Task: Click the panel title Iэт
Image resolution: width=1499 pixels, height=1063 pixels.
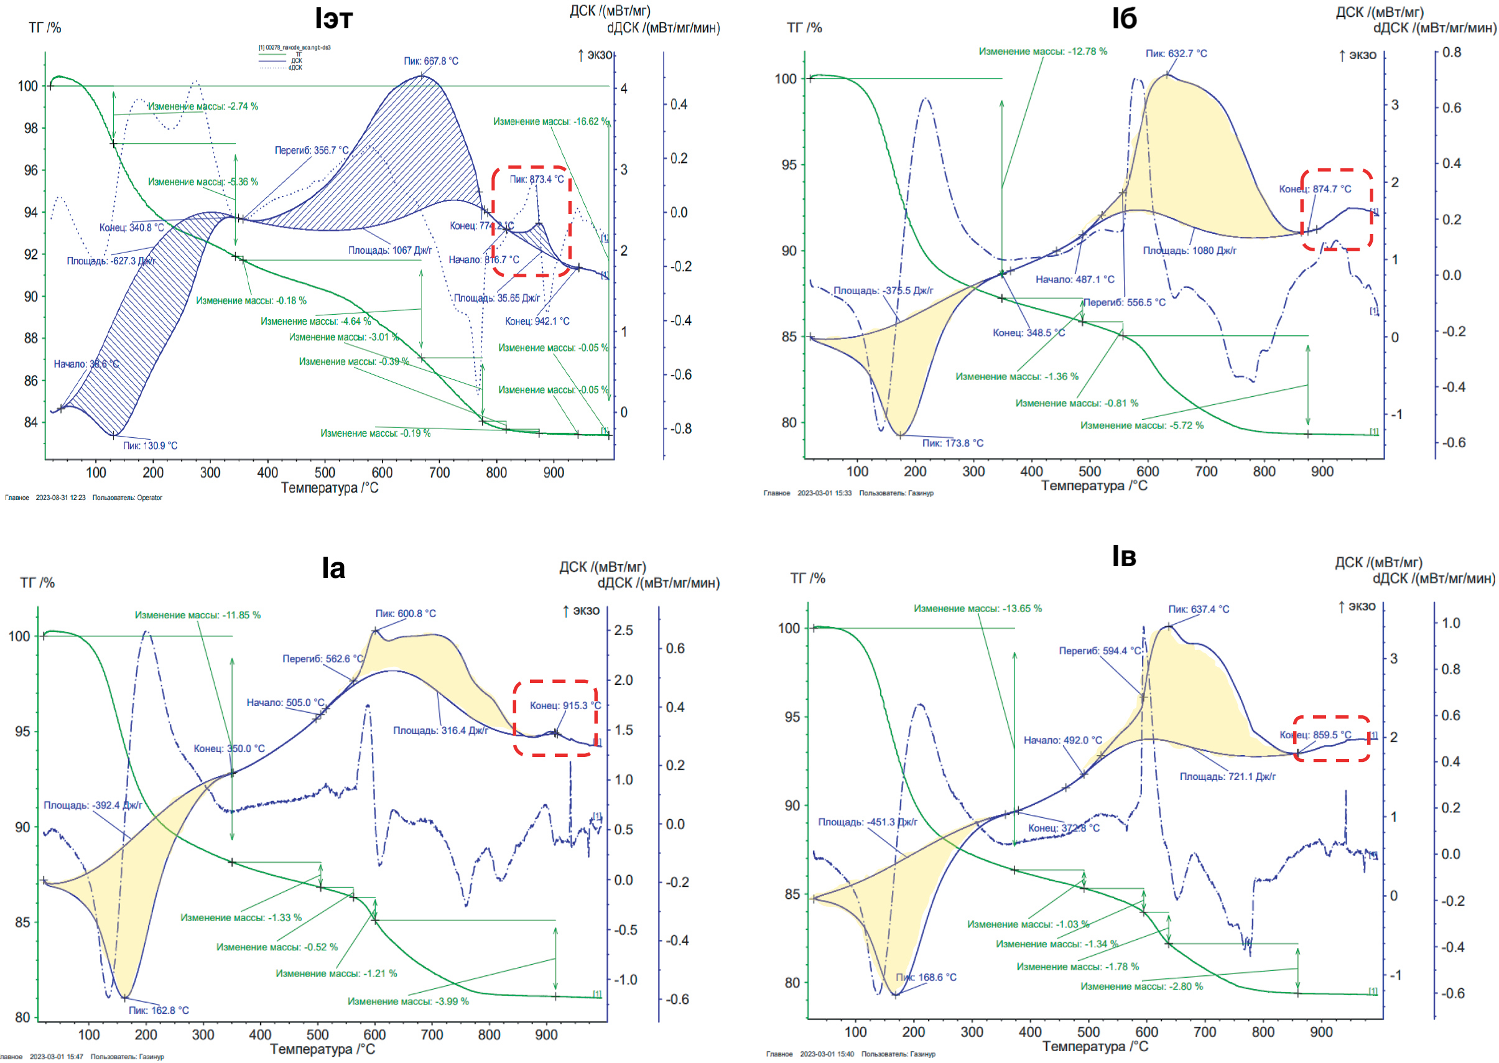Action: click(333, 19)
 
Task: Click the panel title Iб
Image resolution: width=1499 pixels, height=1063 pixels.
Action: click(1123, 19)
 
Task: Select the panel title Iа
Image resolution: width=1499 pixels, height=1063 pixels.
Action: click(333, 568)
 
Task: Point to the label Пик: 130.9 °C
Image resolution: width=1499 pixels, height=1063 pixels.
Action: click(150, 446)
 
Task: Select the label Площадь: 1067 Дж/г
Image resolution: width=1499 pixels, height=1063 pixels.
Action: click(389, 251)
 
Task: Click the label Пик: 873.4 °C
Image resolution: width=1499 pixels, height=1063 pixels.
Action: click(536, 179)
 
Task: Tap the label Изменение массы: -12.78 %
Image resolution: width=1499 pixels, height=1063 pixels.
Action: click(1042, 52)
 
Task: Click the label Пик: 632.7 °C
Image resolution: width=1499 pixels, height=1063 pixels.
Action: click(1176, 53)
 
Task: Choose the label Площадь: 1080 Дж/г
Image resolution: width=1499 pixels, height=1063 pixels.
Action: click(1189, 251)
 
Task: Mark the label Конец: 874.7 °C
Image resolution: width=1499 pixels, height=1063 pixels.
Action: click(1314, 189)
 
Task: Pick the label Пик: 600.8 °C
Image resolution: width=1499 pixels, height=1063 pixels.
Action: click(405, 614)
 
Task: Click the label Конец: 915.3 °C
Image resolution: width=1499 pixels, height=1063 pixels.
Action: click(565, 705)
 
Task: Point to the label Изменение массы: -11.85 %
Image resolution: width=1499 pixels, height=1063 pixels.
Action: click(198, 615)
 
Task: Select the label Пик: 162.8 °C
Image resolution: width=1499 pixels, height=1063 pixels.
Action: click(159, 1011)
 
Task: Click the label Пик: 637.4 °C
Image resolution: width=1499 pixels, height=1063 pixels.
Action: click(1199, 610)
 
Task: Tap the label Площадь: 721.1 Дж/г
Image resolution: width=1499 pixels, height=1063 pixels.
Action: click(1227, 777)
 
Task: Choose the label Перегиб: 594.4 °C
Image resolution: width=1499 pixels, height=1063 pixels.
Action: click(1099, 651)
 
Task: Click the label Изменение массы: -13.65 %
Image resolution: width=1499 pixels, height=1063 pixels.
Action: click(977, 609)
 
